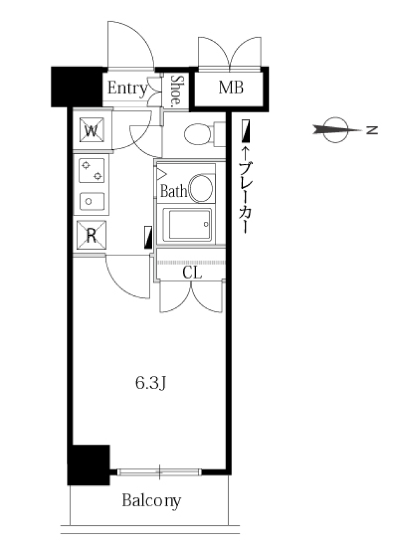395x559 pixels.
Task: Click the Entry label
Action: [x=127, y=88]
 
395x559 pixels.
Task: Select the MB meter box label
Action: [x=230, y=88]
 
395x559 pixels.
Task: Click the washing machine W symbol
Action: [x=92, y=130]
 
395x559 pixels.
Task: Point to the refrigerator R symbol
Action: [x=91, y=236]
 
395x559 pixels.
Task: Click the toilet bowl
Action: [x=198, y=135]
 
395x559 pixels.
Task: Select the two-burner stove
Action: [x=91, y=171]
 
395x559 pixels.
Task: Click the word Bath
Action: [x=173, y=191]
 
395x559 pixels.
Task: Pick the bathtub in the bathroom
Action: [x=188, y=225]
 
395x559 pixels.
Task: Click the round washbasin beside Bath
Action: [x=201, y=188]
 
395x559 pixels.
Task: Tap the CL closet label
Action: [x=192, y=272]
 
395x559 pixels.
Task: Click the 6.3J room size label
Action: [x=151, y=383]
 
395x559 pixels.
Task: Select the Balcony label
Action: [x=151, y=501]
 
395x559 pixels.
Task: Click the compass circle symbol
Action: [x=336, y=130]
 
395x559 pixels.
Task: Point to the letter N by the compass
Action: [x=372, y=130]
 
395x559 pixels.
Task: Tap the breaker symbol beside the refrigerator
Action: [x=148, y=237]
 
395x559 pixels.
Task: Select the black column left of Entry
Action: [x=77, y=87]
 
